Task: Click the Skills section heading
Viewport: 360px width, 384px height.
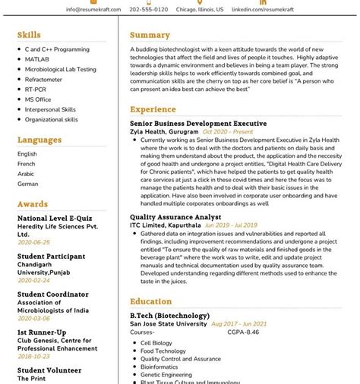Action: pyautogui.click(x=29, y=35)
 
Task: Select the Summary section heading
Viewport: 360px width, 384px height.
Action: pyautogui.click(x=150, y=35)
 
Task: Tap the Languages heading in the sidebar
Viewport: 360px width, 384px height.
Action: pyautogui.click(x=39, y=140)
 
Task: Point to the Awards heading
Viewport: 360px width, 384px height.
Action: pyautogui.click(x=33, y=204)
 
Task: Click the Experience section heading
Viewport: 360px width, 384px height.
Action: pyautogui.click(x=153, y=109)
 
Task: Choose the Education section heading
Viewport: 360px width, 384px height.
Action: pyautogui.click(x=150, y=301)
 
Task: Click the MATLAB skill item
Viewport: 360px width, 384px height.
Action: pyautogui.click(x=36, y=59)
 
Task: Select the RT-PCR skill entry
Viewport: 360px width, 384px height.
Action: pyautogui.click(x=36, y=89)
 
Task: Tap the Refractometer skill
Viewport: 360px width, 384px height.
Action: pyautogui.click(x=43, y=79)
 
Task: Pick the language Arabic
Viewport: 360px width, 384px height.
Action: pyautogui.click(x=27, y=173)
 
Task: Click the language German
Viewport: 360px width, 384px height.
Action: pyautogui.click(x=28, y=184)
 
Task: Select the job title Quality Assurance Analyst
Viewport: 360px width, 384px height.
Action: pyautogui.click(x=175, y=216)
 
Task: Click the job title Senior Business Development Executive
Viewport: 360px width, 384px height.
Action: pyautogui.click(x=198, y=123)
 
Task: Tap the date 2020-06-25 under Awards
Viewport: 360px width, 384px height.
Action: pyautogui.click(x=33, y=242)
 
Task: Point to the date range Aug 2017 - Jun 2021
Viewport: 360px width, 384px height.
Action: pyautogui.click(x=238, y=323)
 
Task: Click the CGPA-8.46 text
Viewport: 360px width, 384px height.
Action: pyautogui.click(x=242, y=332)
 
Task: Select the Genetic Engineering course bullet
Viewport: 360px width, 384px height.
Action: pyautogui.click(x=167, y=374)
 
